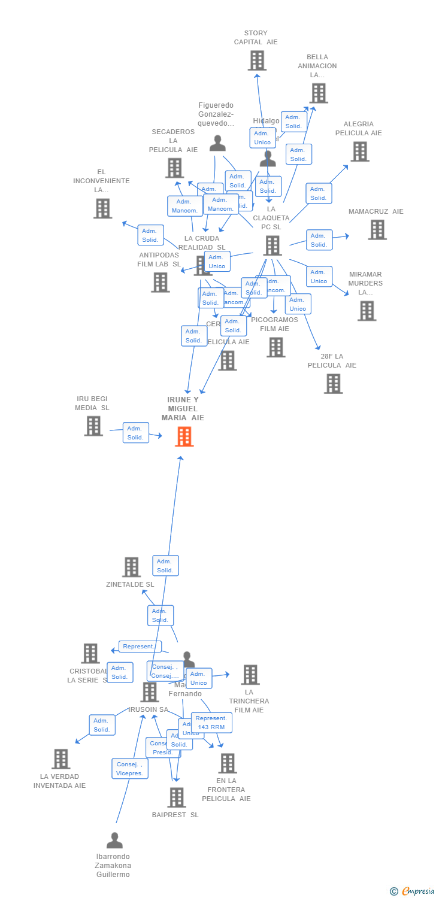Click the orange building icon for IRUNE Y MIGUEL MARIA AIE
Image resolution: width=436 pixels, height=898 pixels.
[x=184, y=436]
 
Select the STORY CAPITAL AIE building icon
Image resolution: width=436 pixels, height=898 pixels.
[x=257, y=60]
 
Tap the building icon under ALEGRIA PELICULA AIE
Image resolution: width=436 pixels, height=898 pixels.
[x=359, y=151]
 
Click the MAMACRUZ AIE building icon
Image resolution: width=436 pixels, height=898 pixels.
[x=377, y=229]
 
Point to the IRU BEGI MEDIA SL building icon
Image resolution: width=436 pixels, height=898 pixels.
[x=93, y=426]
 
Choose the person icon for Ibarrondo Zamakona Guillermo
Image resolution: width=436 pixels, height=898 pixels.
[x=114, y=841]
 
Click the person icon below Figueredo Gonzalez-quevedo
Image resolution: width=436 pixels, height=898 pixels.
[x=217, y=143]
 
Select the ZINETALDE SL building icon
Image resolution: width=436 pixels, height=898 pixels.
[x=131, y=567]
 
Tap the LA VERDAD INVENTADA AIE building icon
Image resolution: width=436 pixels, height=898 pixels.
[x=60, y=759]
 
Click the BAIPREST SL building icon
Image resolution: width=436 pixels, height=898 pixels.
[x=176, y=797]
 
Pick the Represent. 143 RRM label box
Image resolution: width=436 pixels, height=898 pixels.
[x=211, y=723]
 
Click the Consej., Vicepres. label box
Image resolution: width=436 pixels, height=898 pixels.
[x=130, y=769]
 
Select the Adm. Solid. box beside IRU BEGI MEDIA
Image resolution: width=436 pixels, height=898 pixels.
[x=135, y=432]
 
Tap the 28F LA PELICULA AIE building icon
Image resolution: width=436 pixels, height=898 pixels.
[x=333, y=384]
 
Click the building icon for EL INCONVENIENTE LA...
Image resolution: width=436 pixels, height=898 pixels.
[x=102, y=208]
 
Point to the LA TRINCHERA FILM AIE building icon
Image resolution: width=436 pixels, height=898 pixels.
[x=250, y=675]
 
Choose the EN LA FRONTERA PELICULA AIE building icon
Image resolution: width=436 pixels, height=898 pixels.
[x=227, y=763]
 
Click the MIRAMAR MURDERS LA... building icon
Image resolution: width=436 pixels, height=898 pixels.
[x=367, y=311]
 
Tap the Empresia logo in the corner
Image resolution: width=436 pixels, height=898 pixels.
[x=414, y=891]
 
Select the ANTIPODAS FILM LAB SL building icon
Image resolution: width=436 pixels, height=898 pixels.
[x=160, y=282]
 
